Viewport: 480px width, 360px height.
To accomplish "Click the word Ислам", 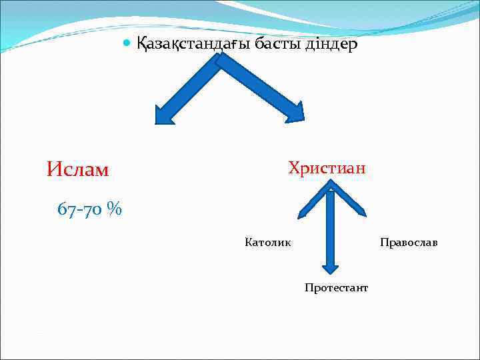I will pos(77,170).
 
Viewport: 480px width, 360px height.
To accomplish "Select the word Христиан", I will pos(327,167).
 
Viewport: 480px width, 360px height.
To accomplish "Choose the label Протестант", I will pos(336,287).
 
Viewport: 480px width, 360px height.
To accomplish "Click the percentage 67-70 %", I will pos(89,209).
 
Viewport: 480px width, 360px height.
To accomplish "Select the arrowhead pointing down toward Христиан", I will pos(294,112).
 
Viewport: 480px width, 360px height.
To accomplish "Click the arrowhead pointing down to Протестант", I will pos(330,267).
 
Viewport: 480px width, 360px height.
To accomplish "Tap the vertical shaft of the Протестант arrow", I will pos(330,230).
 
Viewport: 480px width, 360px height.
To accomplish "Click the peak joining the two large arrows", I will pos(218,60).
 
